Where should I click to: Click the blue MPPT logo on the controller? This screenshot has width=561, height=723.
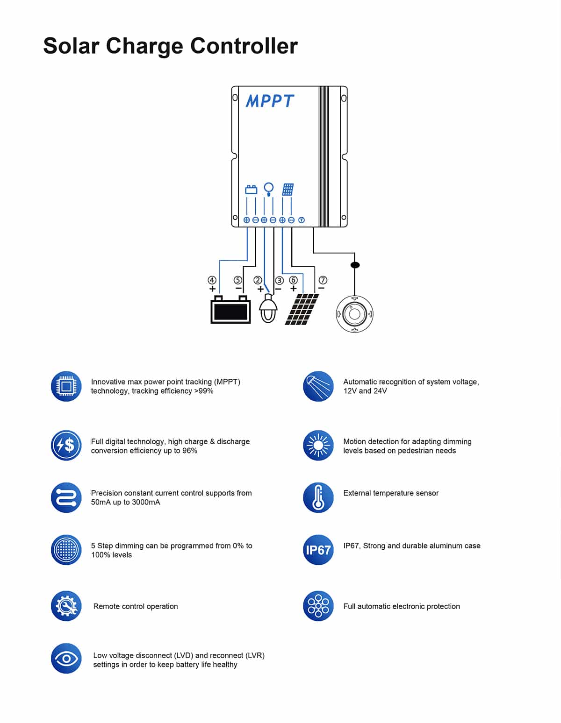coord(270,100)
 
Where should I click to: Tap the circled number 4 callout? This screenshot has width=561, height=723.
coord(212,280)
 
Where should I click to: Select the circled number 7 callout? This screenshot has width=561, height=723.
coord(323,280)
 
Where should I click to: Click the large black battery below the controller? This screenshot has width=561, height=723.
coord(230,309)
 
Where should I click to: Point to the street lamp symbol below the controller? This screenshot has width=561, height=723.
coord(268,308)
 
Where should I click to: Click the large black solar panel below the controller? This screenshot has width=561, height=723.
coord(302,309)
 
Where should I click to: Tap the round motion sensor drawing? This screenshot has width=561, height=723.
coord(355,314)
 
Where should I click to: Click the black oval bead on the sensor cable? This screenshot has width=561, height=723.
coord(355,265)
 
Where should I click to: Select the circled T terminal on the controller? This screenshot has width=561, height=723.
coord(302,220)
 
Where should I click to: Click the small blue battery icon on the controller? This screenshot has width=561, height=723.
coord(251,190)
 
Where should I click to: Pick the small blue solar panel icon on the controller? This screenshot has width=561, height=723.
coord(288,190)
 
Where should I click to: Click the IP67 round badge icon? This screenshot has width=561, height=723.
coord(318,550)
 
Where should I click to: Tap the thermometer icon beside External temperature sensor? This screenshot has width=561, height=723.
coord(318,497)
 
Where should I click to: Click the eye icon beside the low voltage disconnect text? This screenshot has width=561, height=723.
coord(66,659)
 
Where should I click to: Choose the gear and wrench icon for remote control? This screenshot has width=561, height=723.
coord(66,606)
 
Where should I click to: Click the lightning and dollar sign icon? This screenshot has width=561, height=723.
coord(66,445)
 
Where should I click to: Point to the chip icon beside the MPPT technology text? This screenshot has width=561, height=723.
coord(66,386)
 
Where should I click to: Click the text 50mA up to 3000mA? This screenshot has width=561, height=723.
coord(125,502)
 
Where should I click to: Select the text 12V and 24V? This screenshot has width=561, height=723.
coord(365,391)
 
